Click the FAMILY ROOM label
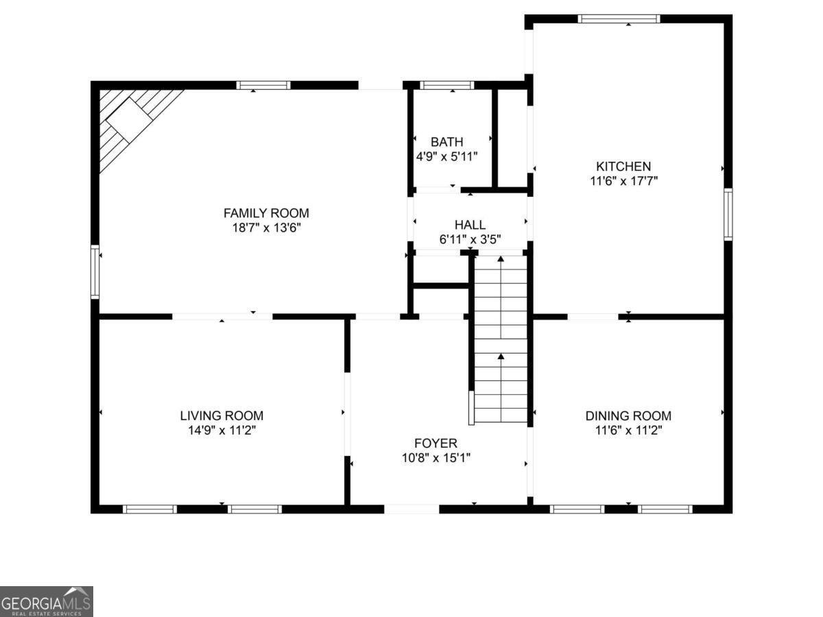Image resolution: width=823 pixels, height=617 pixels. (x=266, y=213)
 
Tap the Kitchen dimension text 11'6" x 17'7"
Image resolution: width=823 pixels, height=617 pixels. (x=623, y=181)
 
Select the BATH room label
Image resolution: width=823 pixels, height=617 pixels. (x=446, y=142)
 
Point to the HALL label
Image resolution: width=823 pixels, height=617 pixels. (x=470, y=225)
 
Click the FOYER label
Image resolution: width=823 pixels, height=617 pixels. (x=436, y=443)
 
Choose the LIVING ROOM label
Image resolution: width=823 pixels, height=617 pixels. (x=222, y=415)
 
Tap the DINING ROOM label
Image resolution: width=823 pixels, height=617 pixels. (x=628, y=415)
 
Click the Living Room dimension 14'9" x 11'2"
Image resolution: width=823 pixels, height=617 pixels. (x=222, y=431)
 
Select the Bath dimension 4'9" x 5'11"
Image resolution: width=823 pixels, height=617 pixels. (x=446, y=156)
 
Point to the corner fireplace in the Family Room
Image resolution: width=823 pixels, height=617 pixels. (x=130, y=120)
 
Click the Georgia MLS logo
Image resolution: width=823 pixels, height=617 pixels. (x=46, y=602)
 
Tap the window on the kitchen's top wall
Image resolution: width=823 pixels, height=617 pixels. (x=619, y=19)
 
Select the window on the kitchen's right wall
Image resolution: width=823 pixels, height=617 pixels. (x=728, y=215)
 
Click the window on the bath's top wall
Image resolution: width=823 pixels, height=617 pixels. (x=446, y=85)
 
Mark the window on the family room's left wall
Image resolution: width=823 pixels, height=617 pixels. (x=95, y=272)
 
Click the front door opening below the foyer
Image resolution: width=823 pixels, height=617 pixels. (x=411, y=509)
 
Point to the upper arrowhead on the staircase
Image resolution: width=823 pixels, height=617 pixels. (x=501, y=258)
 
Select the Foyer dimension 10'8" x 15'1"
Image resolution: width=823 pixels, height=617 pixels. (x=436, y=458)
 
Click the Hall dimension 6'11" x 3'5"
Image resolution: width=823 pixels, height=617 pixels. (x=470, y=239)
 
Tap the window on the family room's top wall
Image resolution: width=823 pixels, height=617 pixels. (x=263, y=85)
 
